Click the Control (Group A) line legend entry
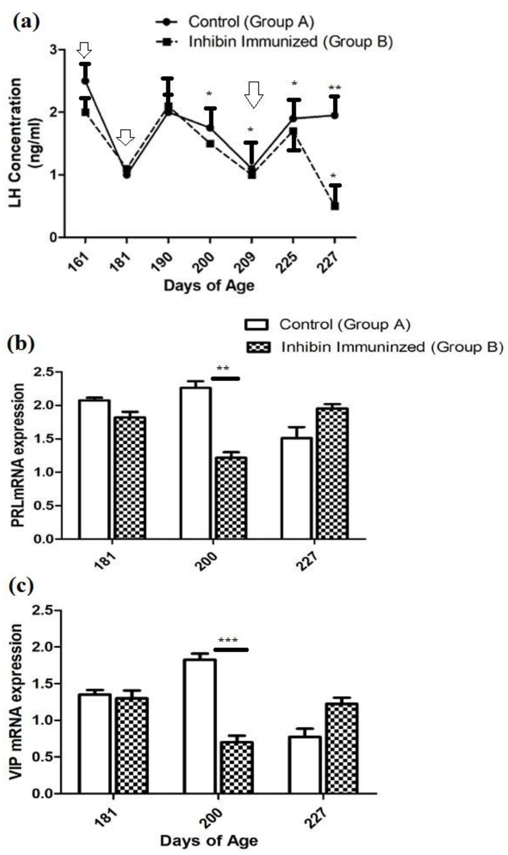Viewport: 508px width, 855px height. pyautogui.click(x=235, y=22)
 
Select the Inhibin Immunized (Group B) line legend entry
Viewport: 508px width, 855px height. pyautogui.click(x=274, y=42)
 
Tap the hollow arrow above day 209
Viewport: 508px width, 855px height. pyautogui.click(x=254, y=94)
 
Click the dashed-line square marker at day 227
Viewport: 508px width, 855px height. pyautogui.click(x=335, y=206)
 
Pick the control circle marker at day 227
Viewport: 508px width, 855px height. pyautogui.click(x=335, y=115)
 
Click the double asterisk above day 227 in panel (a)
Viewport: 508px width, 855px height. pyautogui.click(x=335, y=88)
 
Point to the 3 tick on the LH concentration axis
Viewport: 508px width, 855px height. pyautogui.click(x=53, y=50)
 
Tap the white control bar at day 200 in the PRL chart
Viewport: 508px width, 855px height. pyautogui.click(x=196, y=463)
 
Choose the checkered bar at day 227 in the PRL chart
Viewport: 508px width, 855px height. pyautogui.click(x=332, y=473)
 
